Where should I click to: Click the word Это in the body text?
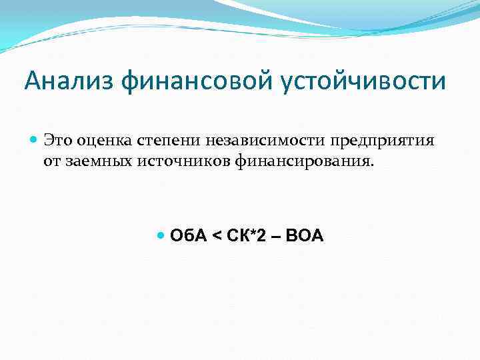point(57,141)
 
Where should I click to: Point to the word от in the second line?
point(53,162)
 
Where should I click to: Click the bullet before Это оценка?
point(35,141)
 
